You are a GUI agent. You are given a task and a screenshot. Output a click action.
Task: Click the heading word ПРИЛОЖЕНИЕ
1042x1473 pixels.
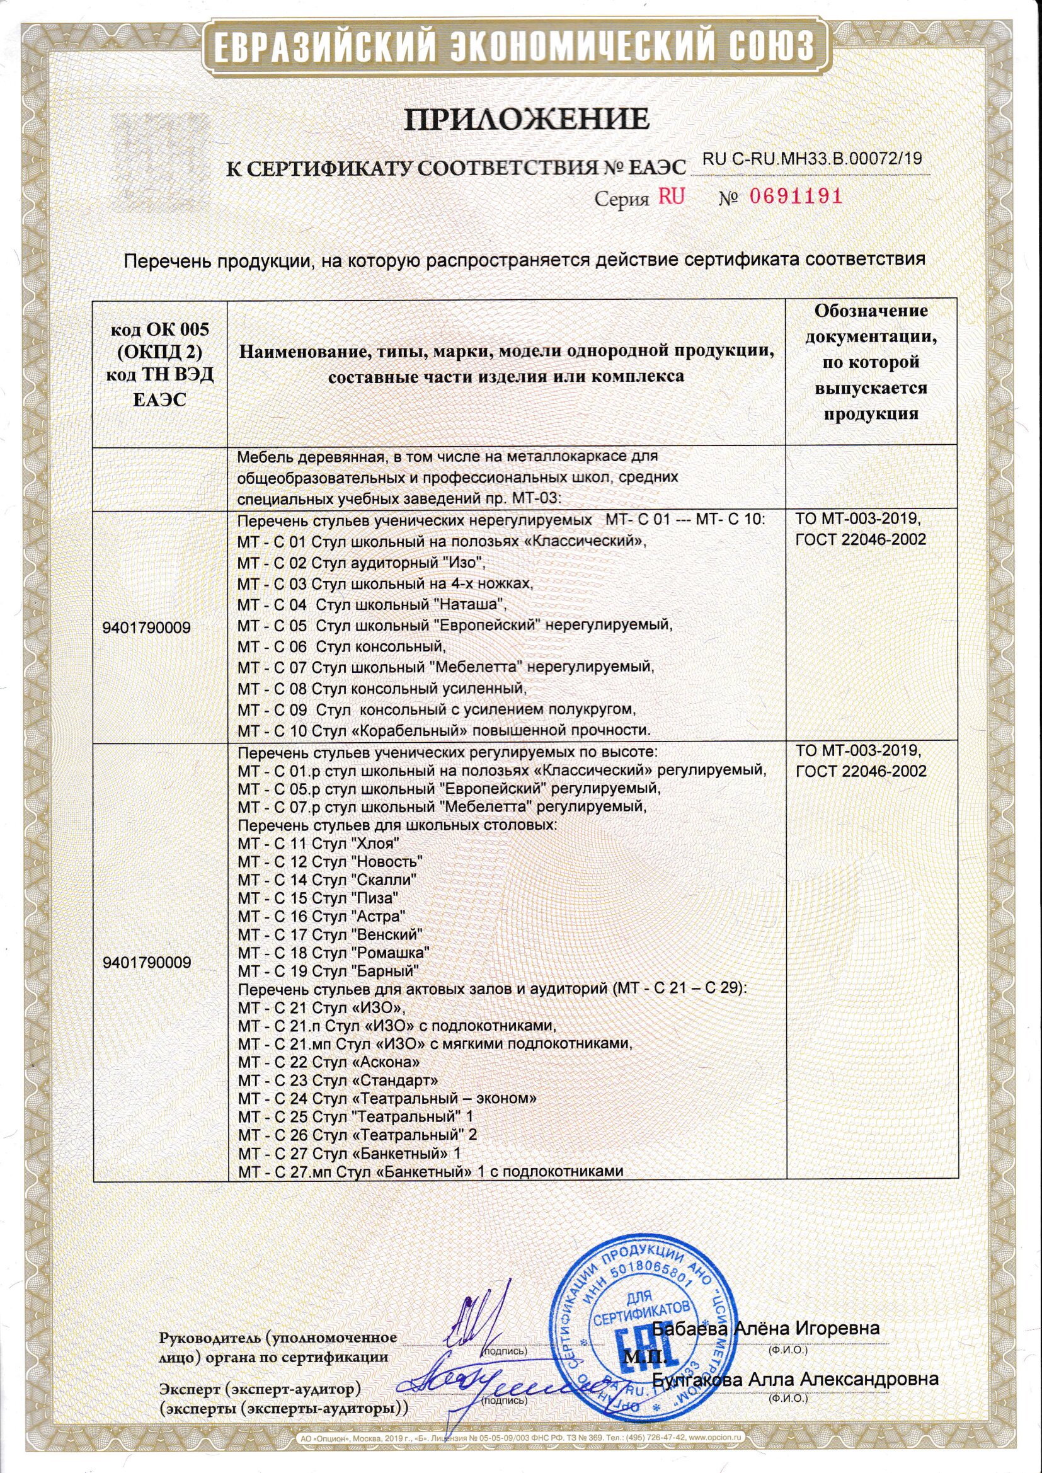pos(521,120)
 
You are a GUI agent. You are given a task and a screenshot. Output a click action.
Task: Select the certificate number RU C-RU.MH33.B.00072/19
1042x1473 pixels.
pos(812,159)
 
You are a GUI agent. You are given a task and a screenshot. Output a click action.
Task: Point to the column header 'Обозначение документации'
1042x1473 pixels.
pos(871,363)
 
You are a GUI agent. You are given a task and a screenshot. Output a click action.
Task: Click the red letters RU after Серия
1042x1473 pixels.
pos(671,197)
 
